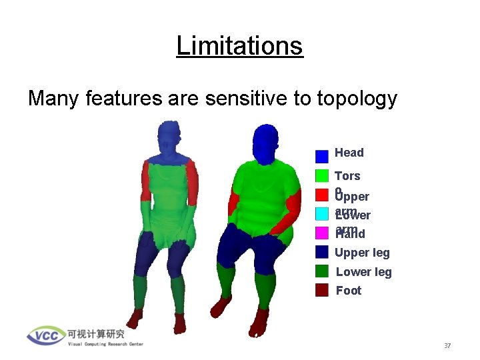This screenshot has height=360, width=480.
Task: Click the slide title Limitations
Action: (239, 46)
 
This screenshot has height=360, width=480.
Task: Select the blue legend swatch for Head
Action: (322, 156)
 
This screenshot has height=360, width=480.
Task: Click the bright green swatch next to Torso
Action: (322, 175)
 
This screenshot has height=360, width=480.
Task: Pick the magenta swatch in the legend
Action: (322, 233)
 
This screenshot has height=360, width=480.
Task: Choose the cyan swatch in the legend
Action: (322, 213)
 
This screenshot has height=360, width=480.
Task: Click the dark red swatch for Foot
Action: (322, 290)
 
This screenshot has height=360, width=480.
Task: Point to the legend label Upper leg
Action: (363, 252)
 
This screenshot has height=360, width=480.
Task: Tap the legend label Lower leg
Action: (363, 271)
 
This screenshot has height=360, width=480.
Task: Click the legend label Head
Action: (349, 153)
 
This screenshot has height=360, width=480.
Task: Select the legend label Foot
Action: (348, 290)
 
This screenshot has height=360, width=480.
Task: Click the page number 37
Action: (448, 346)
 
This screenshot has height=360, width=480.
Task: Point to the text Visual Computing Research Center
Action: (105, 344)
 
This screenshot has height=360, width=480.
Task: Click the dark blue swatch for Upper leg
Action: (322, 252)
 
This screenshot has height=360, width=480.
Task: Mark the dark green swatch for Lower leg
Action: (322, 271)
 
